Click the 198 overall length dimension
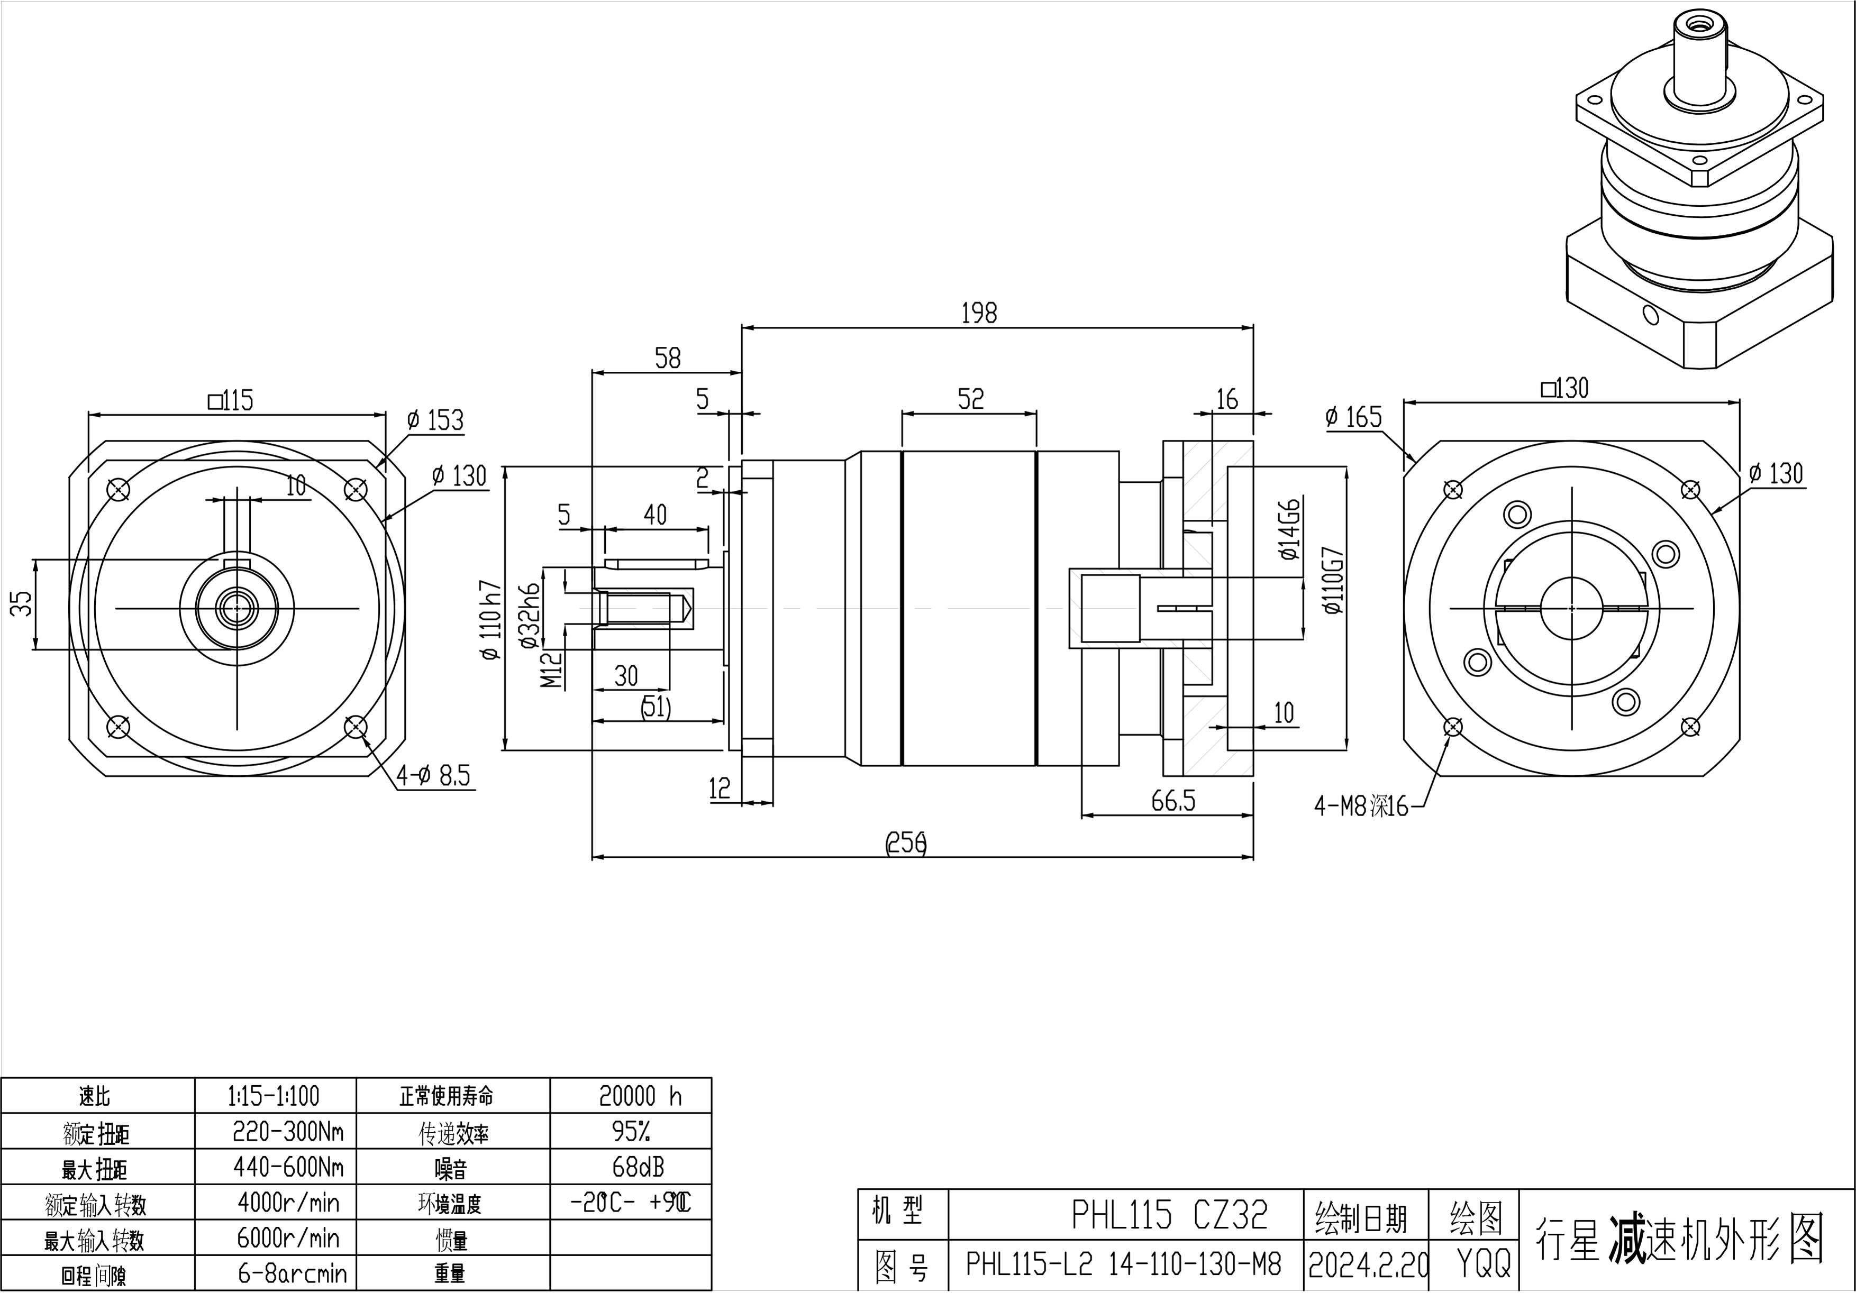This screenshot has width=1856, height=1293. point(979,313)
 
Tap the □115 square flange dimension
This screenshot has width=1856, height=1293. point(231,400)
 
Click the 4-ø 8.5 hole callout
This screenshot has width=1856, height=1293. point(433,777)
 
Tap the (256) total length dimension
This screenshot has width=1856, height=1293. point(906,843)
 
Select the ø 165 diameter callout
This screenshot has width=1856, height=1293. point(1354,417)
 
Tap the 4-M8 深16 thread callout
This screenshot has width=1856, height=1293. point(1361,806)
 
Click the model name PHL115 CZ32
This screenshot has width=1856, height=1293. point(1169,1214)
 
